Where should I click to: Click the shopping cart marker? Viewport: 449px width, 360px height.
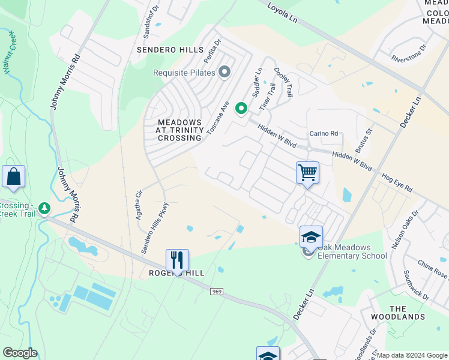tap(307, 173)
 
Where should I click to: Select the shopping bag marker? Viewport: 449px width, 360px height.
tap(13, 177)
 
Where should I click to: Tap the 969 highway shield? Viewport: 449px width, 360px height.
tap(217, 292)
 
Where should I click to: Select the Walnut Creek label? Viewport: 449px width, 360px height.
tap(10, 53)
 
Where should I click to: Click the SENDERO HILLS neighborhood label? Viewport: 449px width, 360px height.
tap(170, 50)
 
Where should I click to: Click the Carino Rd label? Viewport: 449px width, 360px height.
tap(324, 133)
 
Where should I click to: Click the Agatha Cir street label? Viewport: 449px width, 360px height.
tap(139, 205)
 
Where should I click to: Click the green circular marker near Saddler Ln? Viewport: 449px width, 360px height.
tap(241, 108)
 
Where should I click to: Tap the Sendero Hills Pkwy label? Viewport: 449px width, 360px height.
tap(154, 229)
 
